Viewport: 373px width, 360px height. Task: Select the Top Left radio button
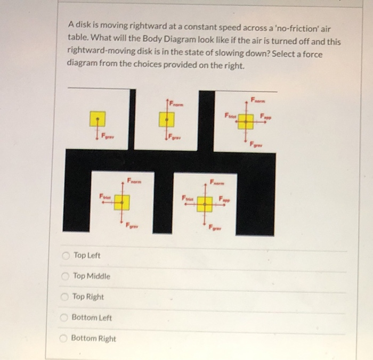click(66, 256)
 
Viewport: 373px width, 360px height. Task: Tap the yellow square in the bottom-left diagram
click(122, 201)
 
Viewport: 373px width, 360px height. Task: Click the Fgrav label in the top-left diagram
click(108, 137)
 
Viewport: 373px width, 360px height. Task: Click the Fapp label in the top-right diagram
click(265, 117)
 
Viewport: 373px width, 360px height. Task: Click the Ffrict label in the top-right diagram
click(229, 114)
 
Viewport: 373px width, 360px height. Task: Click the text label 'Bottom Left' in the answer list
click(92, 317)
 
